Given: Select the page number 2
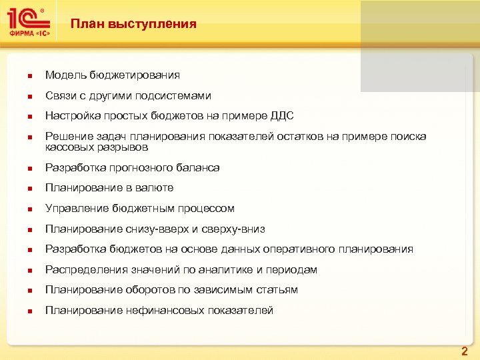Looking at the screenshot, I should coord(465,351).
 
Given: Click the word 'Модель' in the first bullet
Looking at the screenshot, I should coord(65,76).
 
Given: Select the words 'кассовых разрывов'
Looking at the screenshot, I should coord(97,147).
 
